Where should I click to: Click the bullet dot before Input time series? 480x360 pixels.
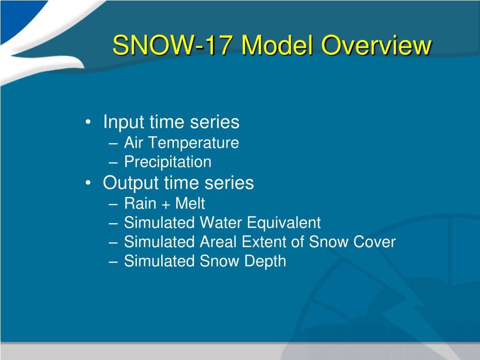coord(88,122)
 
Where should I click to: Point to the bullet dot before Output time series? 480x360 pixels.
coord(88,183)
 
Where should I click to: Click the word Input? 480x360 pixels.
coord(124,122)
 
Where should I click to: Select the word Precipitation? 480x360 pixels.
coord(168,162)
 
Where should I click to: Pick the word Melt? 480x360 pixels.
coord(190,203)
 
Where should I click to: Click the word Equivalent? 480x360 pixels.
coord(284,223)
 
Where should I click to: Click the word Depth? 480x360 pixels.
coord(265,262)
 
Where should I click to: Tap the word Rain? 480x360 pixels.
coord(140,203)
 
